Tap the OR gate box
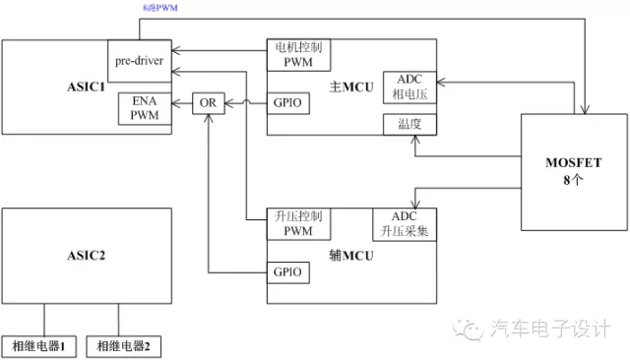pos(209,102)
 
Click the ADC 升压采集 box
pos(405,223)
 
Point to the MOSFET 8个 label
pos(574,169)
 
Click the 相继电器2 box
pos(125,346)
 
